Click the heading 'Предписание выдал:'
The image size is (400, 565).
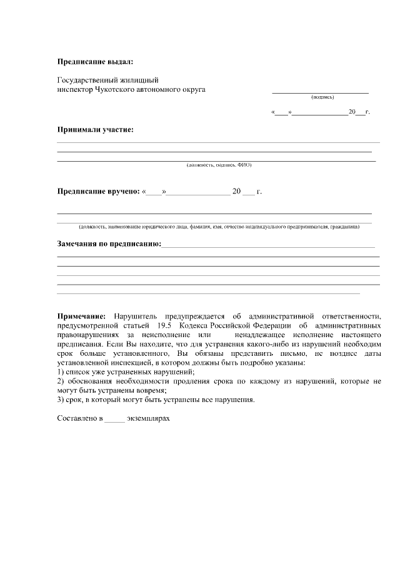[95, 62]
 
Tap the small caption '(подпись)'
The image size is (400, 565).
[322, 97]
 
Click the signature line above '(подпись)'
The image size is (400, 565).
[321, 93]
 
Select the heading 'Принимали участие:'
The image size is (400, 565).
[95, 130]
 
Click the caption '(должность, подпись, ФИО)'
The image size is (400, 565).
[219, 165]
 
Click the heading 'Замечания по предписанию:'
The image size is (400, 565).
[109, 243]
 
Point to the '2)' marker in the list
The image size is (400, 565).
[61, 381]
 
